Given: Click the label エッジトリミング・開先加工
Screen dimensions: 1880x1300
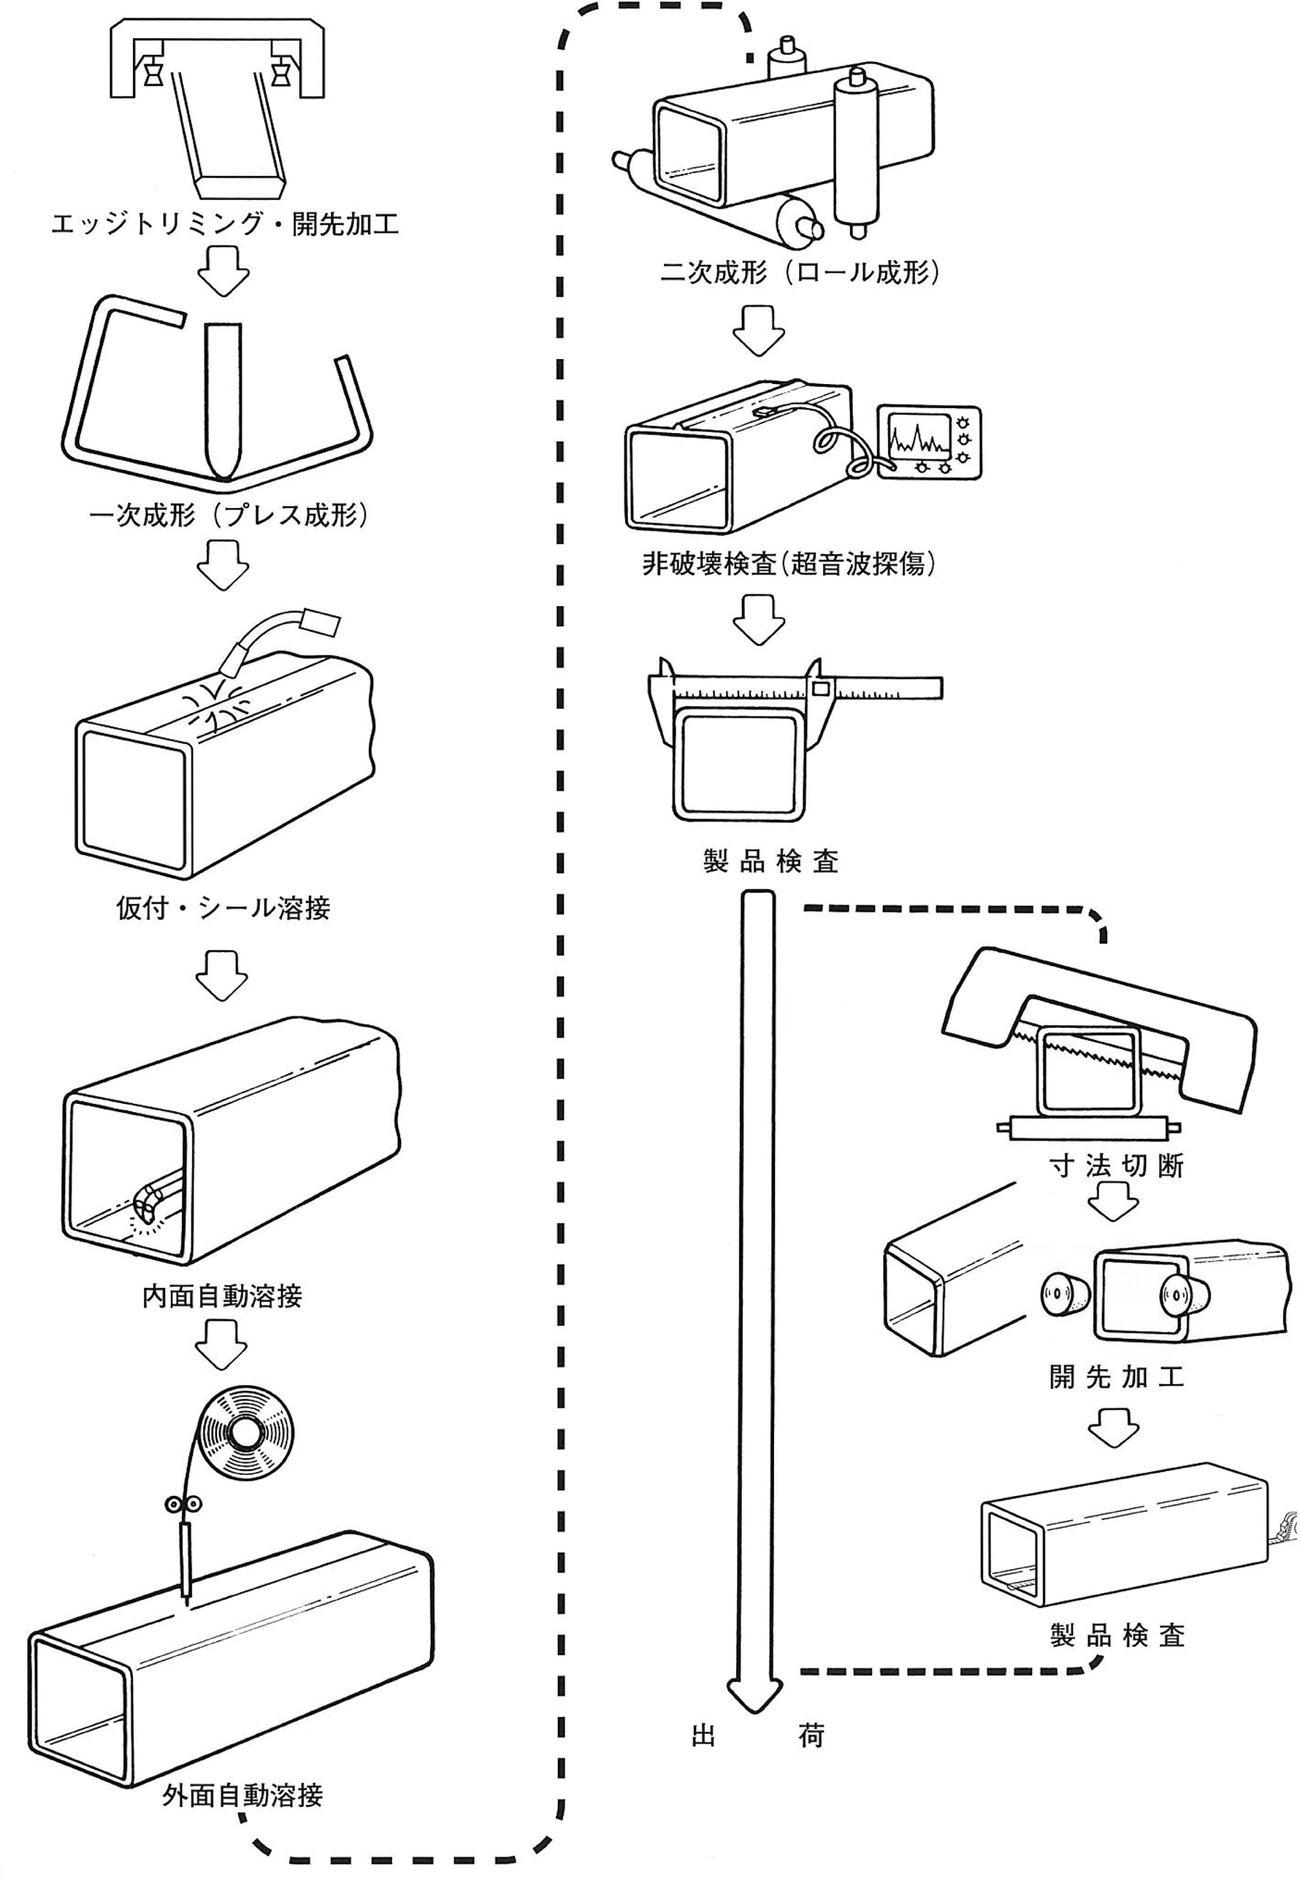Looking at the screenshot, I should (224, 224).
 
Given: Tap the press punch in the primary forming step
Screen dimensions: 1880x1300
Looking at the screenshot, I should (221, 399).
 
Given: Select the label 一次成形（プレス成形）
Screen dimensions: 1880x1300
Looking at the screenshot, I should (228, 515).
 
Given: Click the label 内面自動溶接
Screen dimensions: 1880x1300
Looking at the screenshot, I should (221, 1296).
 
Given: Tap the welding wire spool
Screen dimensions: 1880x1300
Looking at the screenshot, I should (245, 1432).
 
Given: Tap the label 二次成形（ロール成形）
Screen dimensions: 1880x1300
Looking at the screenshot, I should (800, 272).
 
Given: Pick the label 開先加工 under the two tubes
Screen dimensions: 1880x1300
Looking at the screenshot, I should (1116, 1377).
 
